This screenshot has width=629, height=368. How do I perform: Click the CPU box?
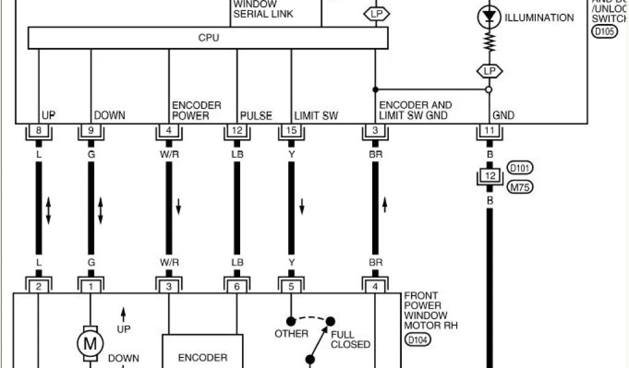coord(208,38)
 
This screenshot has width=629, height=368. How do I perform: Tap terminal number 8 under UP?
coord(39,131)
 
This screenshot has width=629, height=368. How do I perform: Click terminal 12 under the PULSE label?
coord(236,131)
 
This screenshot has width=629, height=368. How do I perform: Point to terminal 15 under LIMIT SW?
coord(291,131)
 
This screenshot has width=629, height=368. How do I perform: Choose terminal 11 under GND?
coord(490,131)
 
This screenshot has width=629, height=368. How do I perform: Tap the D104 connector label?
coord(417,339)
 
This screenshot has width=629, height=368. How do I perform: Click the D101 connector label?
coord(520,167)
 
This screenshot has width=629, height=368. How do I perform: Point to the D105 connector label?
coord(604,31)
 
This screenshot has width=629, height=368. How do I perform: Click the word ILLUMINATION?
coord(539,18)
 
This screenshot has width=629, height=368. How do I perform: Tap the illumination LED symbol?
coord(490,17)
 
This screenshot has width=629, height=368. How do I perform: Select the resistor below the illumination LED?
coord(490,42)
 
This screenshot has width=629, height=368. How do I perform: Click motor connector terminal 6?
coord(236,285)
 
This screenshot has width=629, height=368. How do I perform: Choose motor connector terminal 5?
coord(291,285)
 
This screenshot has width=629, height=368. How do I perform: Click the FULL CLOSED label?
coord(351,339)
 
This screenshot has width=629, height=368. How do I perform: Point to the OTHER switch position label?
coord(292,334)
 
